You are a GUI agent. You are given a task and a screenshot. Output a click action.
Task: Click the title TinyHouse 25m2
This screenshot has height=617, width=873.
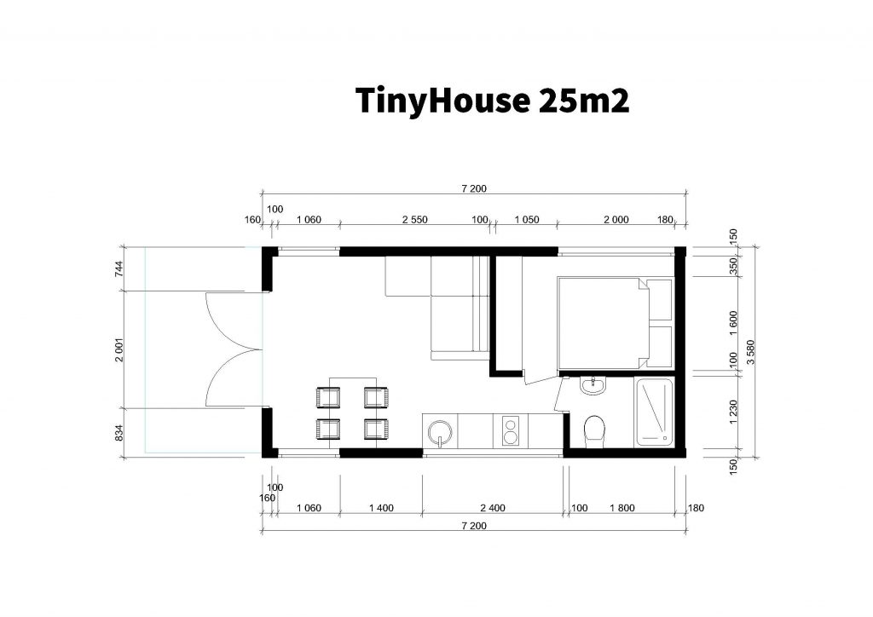[x=492, y=101]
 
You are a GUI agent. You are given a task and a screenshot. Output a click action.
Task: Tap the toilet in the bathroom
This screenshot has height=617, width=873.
[x=594, y=432]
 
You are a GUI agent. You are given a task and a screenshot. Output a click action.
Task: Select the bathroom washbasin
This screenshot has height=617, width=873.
[x=594, y=385]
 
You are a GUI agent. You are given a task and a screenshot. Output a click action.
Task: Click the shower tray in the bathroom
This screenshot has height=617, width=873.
[x=653, y=412]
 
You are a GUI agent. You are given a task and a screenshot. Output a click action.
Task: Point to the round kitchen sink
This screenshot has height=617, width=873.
[x=440, y=432]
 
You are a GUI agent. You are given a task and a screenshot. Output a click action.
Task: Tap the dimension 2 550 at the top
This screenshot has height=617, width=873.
[x=415, y=220]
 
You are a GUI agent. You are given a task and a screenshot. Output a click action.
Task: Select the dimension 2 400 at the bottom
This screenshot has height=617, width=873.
[x=493, y=508]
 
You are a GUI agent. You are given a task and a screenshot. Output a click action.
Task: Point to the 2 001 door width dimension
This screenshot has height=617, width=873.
[x=119, y=350]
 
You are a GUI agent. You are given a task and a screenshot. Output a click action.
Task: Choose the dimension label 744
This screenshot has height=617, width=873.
[x=119, y=268]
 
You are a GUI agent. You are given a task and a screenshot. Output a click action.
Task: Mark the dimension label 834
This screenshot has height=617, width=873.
[x=119, y=433]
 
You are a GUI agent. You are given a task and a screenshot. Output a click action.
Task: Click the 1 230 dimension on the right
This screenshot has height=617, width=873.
[x=733, y=412]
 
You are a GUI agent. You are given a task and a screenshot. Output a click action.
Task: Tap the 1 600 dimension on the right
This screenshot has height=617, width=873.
[x=733, y=323]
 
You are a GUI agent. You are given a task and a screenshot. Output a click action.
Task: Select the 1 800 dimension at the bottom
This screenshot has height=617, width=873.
[x=622, y=508]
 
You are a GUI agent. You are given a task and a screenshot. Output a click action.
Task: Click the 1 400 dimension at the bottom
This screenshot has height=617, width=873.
[x=381, y=508]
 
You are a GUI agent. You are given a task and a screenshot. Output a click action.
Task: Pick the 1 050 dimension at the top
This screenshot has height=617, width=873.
[x=527, y=220]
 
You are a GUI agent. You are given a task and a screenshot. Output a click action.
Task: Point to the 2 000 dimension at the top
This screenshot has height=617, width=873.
[x=616, y=220]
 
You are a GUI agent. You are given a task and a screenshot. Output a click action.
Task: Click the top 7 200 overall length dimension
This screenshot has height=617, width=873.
[x=474, y=188]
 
